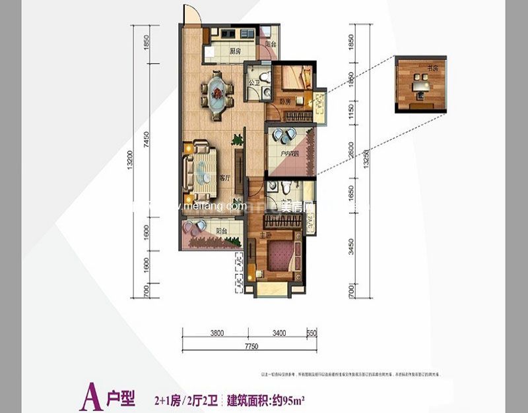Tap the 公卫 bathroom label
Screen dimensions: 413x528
tap(254, 83)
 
